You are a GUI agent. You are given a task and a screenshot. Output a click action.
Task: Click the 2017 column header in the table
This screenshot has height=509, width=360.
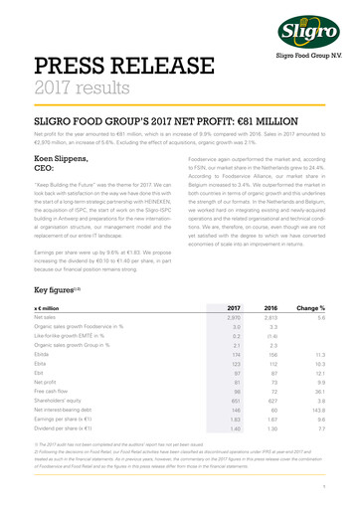tap(234, 309)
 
